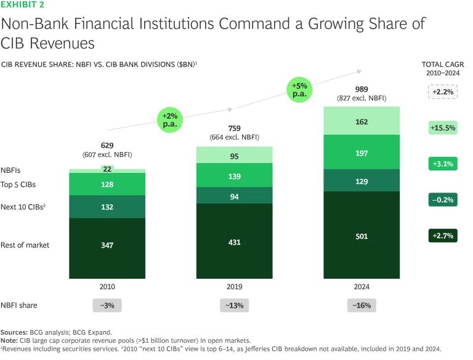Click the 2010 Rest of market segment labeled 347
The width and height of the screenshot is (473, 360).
click(107, 245)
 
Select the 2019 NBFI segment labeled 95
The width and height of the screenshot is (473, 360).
click(234, 156)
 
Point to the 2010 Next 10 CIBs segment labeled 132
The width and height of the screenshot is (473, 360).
click(107, 207)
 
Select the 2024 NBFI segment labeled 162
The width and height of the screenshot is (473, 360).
click(362, 122)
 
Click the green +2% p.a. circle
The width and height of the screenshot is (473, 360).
click(170, 119)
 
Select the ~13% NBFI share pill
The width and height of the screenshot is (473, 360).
click(234, 306)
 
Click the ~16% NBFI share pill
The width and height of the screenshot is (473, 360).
click(362, 306)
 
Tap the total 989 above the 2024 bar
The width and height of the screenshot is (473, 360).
click(362, 89)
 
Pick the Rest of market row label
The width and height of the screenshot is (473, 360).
click(25, 245)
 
